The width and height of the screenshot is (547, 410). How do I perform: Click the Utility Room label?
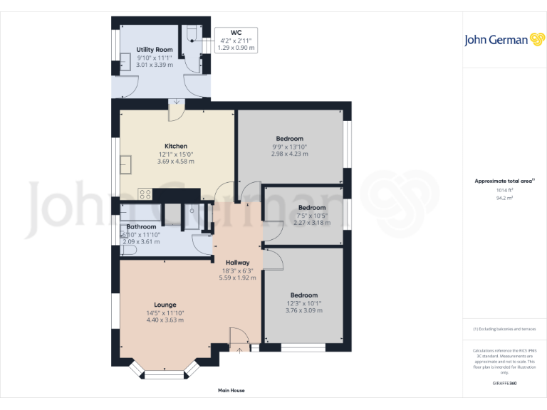click(155, 50)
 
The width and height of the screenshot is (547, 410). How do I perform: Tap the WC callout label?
click(236, 32)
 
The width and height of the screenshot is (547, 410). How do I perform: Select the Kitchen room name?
click(176, 146)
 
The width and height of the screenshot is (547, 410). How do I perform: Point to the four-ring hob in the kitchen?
click(144, 192)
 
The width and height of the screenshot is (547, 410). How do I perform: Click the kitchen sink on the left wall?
click(126, 165)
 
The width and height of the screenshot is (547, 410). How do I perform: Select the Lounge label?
click(165, 305)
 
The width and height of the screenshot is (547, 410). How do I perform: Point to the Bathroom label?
click(141, 226)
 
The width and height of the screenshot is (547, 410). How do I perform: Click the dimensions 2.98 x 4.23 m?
click(289, 154)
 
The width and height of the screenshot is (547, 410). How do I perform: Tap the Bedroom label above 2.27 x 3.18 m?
click(312, 208)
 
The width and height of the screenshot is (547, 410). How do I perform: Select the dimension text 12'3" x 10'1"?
click(303, 303)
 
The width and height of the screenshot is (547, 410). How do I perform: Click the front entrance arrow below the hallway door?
click(239, 349)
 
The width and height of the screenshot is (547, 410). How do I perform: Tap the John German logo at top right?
click(496, 40)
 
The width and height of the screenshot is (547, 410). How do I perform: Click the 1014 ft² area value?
click(504, 190)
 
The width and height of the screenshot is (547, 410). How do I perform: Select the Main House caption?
click(231, 391)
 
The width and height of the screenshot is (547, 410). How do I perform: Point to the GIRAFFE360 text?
click(504, 384)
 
